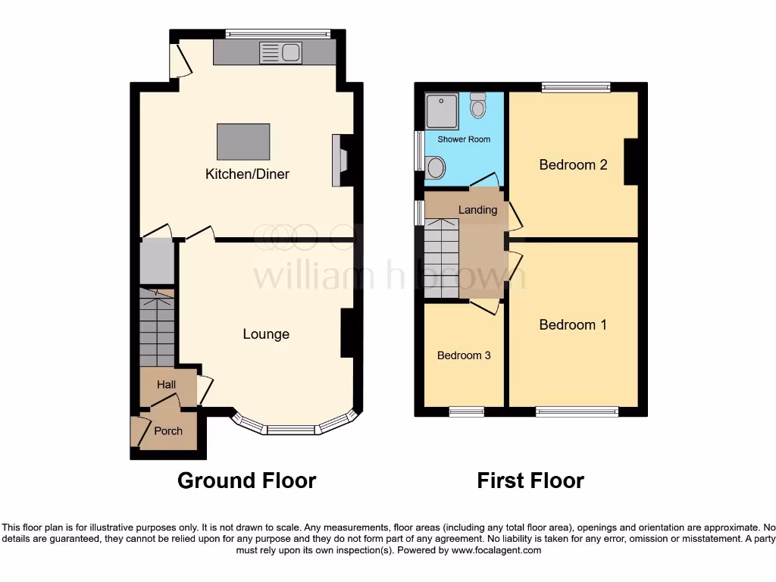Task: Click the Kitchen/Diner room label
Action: coord(247,174)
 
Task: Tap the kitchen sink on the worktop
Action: coord(280,52)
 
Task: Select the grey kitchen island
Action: coord(243,142)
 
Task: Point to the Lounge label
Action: coord(266,334)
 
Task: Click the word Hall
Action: coord(167,385)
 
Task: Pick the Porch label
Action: coord(168,431)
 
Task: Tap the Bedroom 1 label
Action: coord(573,325)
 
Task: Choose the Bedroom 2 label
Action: coord(573,164)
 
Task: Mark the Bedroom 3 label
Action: coord(464,355)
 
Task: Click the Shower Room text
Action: coord(464,139)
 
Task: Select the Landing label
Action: coord(478,210)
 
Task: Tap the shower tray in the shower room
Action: coord(442,111)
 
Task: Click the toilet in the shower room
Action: coord(477,106)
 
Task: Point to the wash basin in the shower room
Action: coord(436,167)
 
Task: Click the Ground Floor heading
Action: coord(246,480)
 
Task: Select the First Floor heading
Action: coord(530,480)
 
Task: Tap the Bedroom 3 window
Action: coord(467,411)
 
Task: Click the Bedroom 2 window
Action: coord(576,87)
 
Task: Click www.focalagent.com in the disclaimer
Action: coord(496,550)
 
